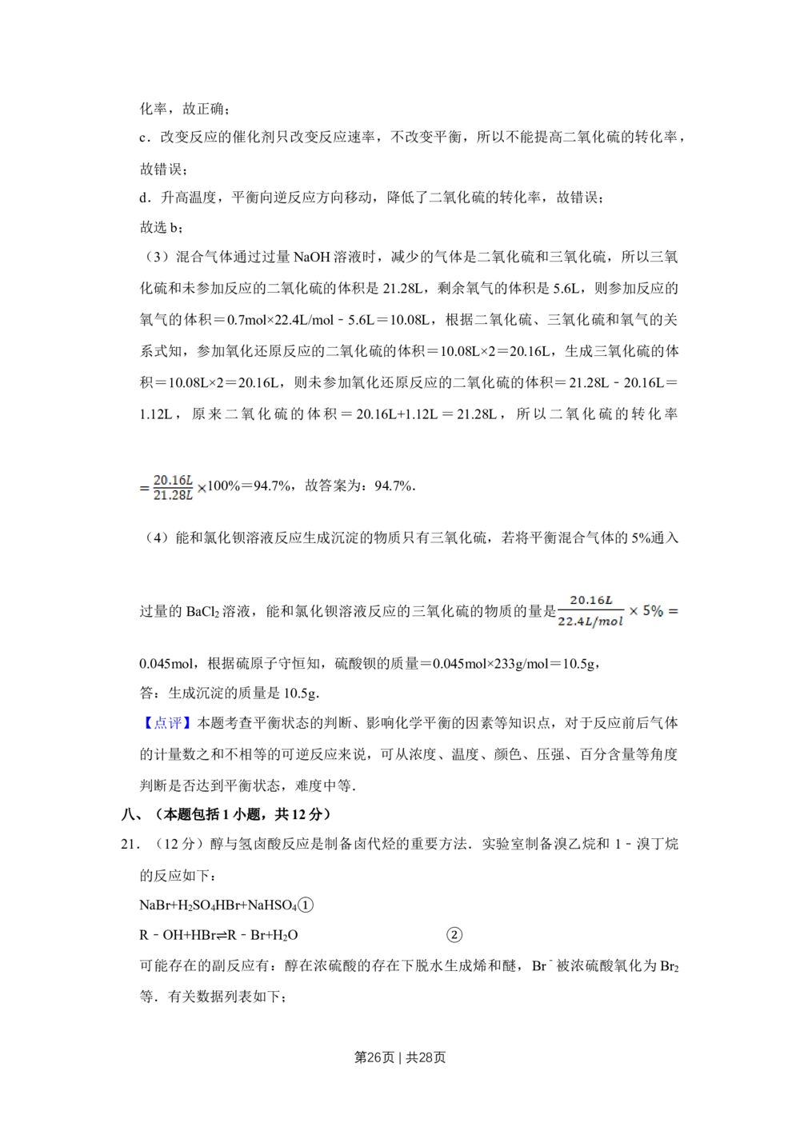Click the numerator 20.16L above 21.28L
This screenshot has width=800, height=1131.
172,480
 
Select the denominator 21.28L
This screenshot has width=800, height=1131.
172,496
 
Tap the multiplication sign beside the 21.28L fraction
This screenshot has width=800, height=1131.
202,487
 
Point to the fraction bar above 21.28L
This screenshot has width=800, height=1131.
172,488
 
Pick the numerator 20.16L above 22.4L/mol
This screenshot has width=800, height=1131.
590,601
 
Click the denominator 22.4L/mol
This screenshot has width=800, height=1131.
590,621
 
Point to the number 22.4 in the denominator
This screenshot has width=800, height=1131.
569,621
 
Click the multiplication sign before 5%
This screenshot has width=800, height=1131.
633,611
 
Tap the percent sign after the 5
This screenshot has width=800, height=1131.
658,611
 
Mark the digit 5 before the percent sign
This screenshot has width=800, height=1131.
646,610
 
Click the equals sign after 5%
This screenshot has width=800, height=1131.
672,611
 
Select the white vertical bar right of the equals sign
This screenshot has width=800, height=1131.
681,611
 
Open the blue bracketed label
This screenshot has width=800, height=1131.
167,721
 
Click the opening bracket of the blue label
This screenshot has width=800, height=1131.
147,721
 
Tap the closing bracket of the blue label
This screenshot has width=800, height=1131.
188,721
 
